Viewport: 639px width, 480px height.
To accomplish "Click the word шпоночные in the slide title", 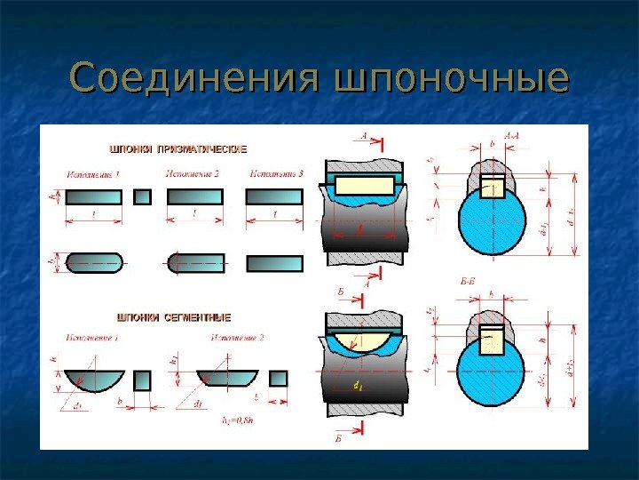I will (x=450, y=80).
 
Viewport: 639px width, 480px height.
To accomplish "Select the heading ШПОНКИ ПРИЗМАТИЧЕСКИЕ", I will (x=177, y=148).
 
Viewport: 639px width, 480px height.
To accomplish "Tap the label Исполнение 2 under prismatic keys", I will (x=192, y=173).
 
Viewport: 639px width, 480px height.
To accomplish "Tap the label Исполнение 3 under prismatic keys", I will (x=277, y=173).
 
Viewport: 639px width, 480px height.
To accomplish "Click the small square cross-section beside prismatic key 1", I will (x=142, y=196).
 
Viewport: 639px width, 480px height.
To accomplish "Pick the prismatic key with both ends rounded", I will (x=94, y=263).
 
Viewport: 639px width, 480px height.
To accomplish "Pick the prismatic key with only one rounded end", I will (x=196, y=263).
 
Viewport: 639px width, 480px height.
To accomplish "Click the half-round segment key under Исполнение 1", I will (x=92, y=380).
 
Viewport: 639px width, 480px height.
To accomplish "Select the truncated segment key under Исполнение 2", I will (x=225, y=379).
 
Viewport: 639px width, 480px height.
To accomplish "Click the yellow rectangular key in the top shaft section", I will (x=365, y=185).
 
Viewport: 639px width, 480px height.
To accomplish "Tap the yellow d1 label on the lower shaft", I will (x=357, y=386).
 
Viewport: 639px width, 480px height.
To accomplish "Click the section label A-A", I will (x=512, y=136).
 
